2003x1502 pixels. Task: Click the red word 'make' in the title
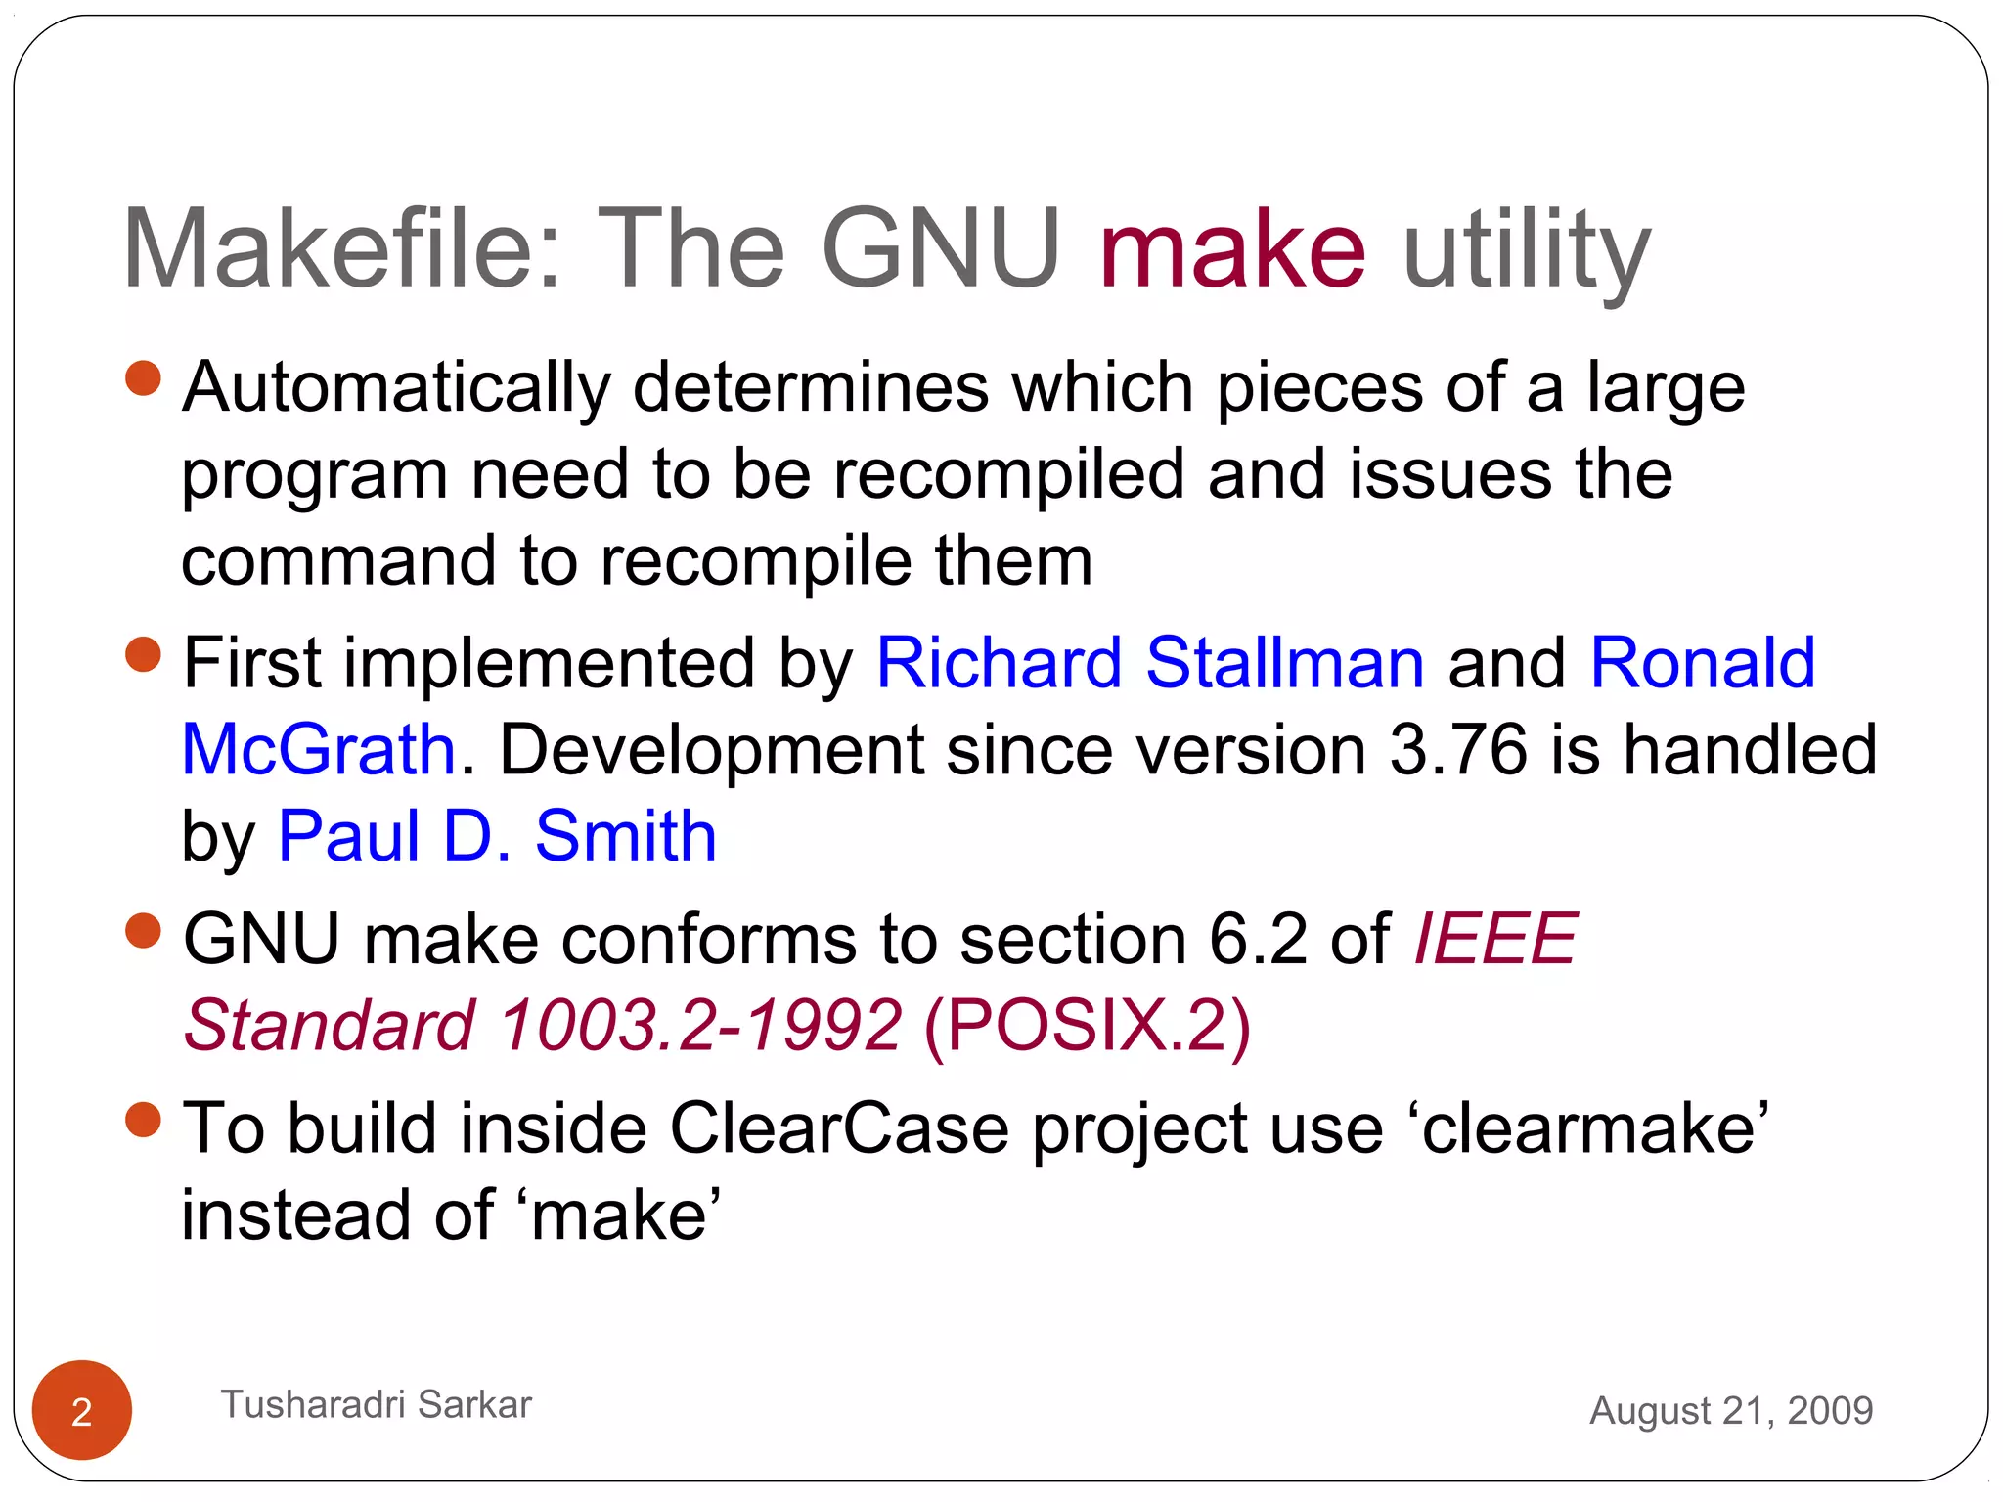[x=1232, y=249]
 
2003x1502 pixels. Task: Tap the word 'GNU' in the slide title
[x=941, y=249]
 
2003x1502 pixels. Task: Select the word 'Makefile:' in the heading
[x=341, y=249]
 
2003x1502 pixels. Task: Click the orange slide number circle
[x=82, y=1410]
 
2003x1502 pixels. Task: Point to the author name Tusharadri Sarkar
[x=377, y=1404]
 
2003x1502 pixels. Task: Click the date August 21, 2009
[x=1731, y=1410]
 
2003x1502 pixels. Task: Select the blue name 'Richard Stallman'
[x=1150, y=663]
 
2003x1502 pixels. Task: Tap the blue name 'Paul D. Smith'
[x=498, y=836]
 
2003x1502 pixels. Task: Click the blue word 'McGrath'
[x=319, y=750]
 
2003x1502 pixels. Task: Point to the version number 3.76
[x=1458, y=750]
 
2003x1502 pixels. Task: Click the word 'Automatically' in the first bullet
[x=396, y=387]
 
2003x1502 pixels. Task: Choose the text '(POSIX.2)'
[x=1087, y=1025]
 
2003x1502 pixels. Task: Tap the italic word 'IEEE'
[x=1495, y=939]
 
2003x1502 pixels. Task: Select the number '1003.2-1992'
[x=700, y=1025]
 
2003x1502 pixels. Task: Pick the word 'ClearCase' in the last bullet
[x=839, y=1128]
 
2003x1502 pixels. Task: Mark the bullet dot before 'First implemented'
[x=144, y=654]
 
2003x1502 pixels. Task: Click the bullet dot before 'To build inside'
[x=144, y=1120]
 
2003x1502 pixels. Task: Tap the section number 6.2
[x=1259, y=939]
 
